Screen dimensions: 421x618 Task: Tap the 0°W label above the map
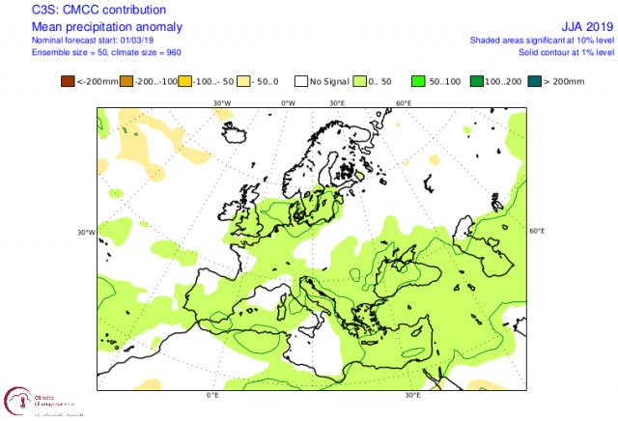click(288, 102)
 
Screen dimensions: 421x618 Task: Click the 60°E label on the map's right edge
click(537, 232)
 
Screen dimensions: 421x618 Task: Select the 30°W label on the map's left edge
click(85, 232)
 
